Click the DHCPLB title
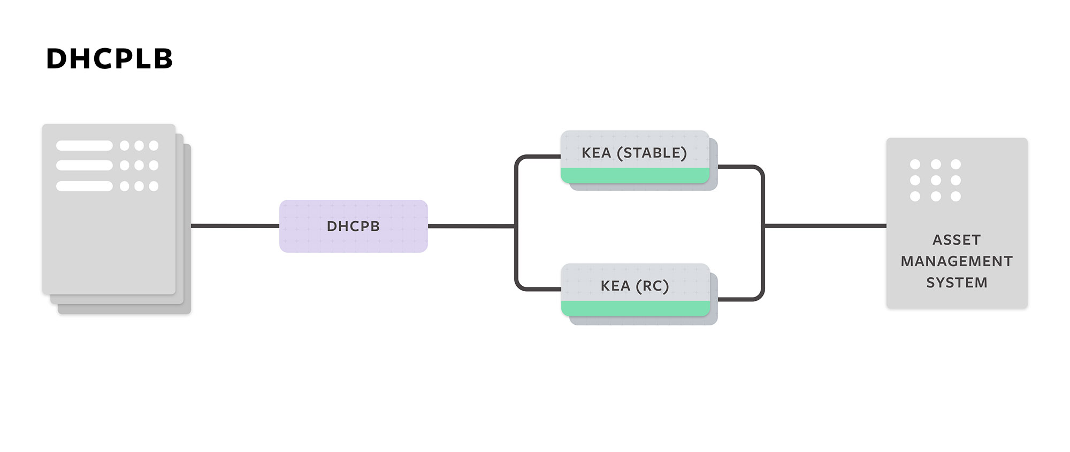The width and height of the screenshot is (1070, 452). point(110,59)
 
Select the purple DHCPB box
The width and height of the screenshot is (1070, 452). point(353,226)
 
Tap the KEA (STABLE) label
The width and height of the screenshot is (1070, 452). point(634,153)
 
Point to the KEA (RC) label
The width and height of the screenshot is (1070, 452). point(635,286)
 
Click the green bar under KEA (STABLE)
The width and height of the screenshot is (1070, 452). point(635,175)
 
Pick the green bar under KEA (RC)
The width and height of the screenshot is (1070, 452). point(636,308)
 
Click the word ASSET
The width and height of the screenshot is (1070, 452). point(957,240)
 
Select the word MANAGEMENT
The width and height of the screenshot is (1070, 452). point(957,261)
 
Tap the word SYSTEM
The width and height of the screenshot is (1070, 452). point(957,283)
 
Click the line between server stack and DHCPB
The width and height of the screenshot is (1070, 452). point(235,226)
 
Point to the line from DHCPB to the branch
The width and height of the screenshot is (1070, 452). point(471,226)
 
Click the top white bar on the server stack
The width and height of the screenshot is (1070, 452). point(84,145)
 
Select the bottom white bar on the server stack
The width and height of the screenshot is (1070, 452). point(84,186)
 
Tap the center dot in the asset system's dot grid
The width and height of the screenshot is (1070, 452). point(936,181)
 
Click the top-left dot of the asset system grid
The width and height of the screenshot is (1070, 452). point(915,164)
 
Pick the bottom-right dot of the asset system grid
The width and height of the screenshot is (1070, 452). point(956,197)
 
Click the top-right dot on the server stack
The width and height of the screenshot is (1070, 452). point(154,145)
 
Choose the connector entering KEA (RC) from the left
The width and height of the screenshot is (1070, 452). point(538,289)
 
